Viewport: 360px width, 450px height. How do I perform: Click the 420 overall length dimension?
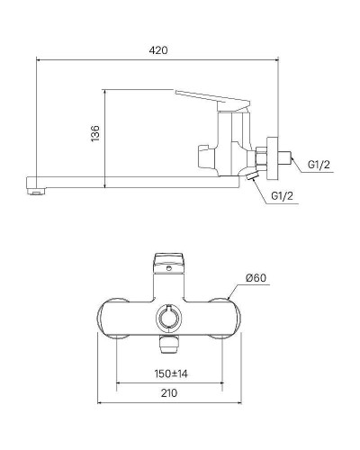point(159,50)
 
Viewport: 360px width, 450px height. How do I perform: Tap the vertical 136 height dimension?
point(94,135)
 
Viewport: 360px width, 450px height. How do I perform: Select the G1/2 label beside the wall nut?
point(319,165)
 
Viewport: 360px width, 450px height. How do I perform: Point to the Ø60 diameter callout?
point(257,278)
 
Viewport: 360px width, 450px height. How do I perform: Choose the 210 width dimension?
point(168,392)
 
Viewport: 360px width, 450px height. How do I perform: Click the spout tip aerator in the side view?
point(35,188)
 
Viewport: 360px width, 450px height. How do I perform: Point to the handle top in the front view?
point(168,262)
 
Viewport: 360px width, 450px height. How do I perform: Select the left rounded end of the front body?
point(110,317)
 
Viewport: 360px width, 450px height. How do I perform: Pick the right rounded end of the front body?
point(227,317)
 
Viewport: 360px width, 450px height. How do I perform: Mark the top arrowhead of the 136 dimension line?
point(105,91)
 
